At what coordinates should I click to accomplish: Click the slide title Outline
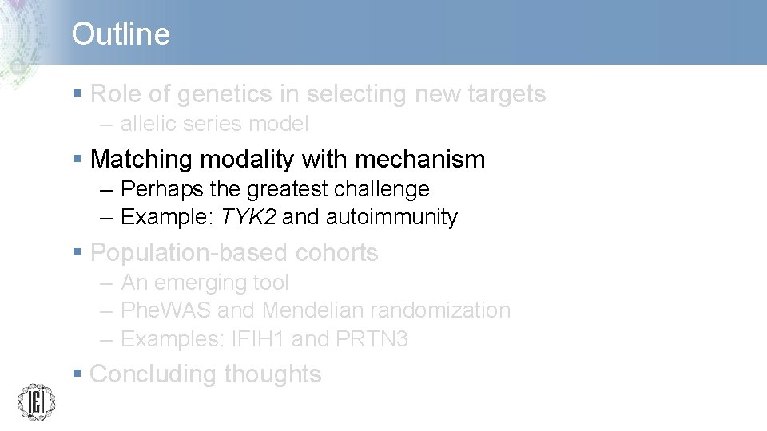(121, 34)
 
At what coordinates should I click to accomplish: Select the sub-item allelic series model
(214, 124)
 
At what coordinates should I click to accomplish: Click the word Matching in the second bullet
(141, 160)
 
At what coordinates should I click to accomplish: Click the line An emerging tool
(205, 283)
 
